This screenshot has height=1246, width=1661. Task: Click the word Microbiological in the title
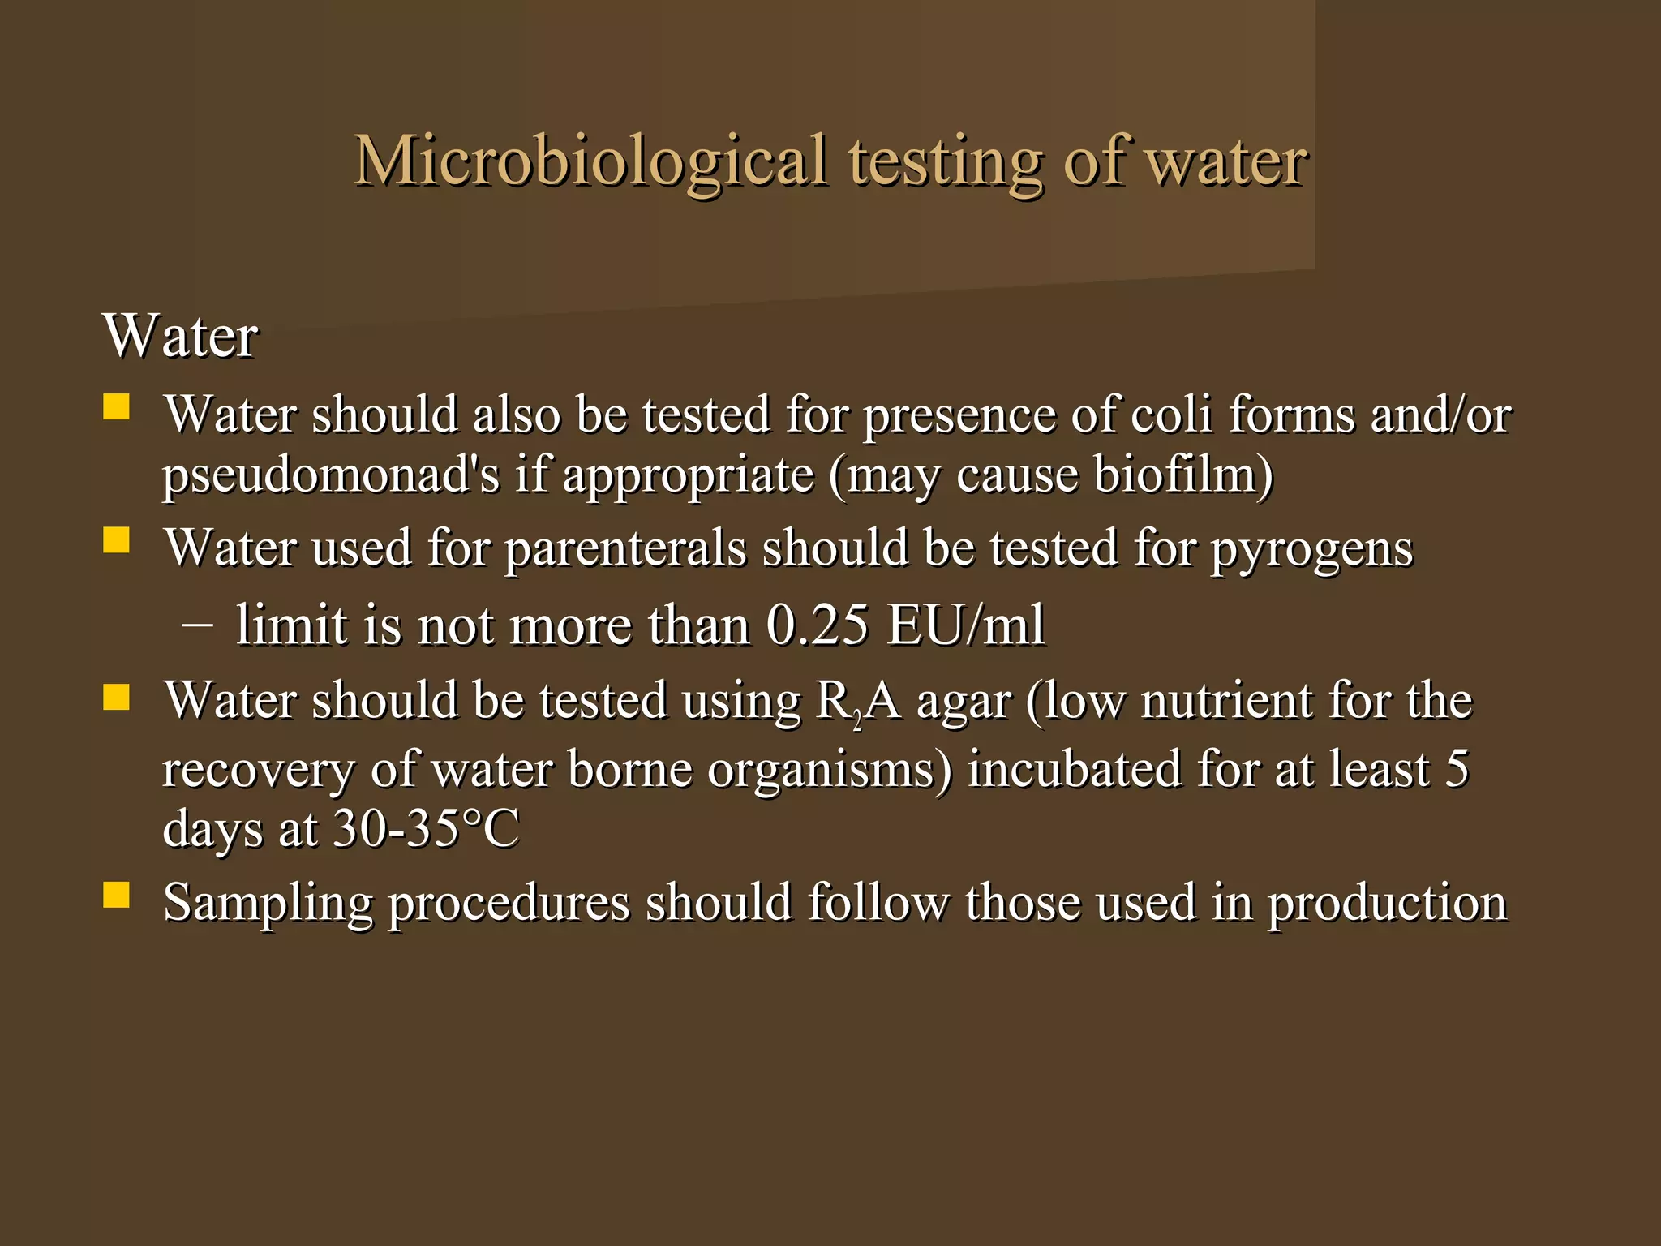pyautogui.click(x=590, y=161)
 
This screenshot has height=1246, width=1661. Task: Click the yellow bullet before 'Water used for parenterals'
pyautogui.click(x=117, y=539)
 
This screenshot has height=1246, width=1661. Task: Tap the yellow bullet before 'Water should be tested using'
pyautogui.click(x=117, y=697)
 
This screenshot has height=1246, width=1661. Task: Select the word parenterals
pyautogui.click(x=624, y=548)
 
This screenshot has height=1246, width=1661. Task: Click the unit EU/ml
pyautogui.click(x=965, y=625)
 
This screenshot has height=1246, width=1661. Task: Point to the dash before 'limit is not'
pyautogui.click(x=198, y=625)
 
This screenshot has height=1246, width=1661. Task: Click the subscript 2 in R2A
pyautogui.click(x=857, y=719)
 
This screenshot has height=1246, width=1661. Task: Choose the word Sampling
pyautogui.click(x=268, y=903)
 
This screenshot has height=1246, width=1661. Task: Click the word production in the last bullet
pyautogui.click(x=1387, y=903)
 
